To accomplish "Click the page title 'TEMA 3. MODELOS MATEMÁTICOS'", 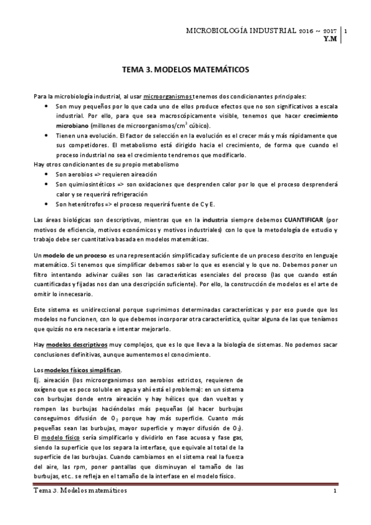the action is pos(186,71).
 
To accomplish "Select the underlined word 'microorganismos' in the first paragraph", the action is pos(167,97).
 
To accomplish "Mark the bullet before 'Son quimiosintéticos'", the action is pos(48,184).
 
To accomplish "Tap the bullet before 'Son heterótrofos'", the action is pos(48,204).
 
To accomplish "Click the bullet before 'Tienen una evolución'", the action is pos(48,135).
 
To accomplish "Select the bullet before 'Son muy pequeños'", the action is pos(48,106).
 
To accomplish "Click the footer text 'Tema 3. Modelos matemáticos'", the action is pos(81,490).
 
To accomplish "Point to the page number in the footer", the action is pos(334,491).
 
